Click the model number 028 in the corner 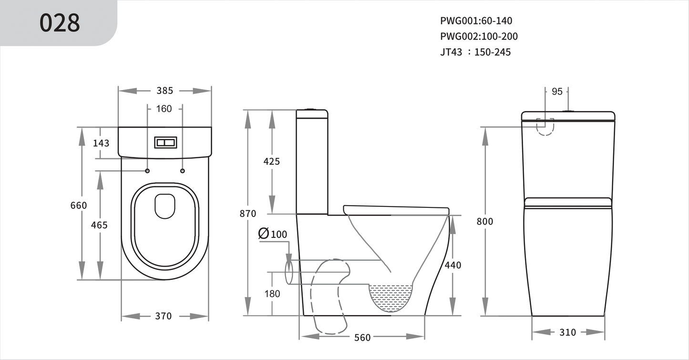click(x=60, y=23)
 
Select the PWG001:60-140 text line click(x=476, y=21)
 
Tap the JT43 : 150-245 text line click(x=475, y=52)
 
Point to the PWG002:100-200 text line click(x=479, y=36)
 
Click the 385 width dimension click(x=165, y=91)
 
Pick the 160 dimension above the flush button click(x=164, y=109)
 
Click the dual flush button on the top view click(x=165, y=142)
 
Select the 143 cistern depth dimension click(x=101, y=143)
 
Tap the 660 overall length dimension click(x=79, y=206)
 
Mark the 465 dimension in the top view click(x=99, y=225)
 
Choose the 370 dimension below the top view click(x=163, y=316)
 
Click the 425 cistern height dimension click(x=272, y=162)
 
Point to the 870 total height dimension click(x=248, y=214)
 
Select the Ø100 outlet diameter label click(x=273, y=234)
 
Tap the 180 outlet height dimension click(x=272, y=294)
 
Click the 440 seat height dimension click(x=452, y=265)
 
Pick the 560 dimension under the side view click(x=362, y=338)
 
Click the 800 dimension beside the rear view click(x=484, y=221)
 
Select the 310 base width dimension click(x=567, y=332)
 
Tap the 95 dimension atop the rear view click(x=557, y=92)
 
